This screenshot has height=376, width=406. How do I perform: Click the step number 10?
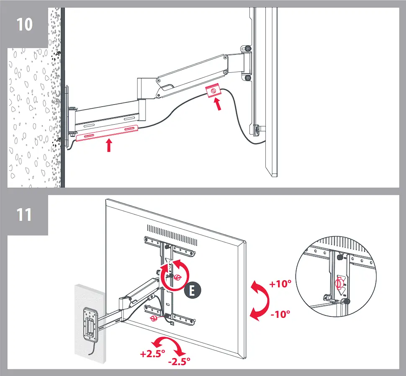click(25, 24)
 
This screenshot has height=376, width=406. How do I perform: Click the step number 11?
click(24, 215)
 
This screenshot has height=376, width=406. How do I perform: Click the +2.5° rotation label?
click(152, 353)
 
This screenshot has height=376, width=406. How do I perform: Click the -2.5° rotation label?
click(179, 360)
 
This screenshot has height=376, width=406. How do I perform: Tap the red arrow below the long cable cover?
click(109, 146)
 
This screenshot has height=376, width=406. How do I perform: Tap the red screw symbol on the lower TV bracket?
click(155, 319)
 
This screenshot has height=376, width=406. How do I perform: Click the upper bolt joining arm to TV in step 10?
click(247, 49)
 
